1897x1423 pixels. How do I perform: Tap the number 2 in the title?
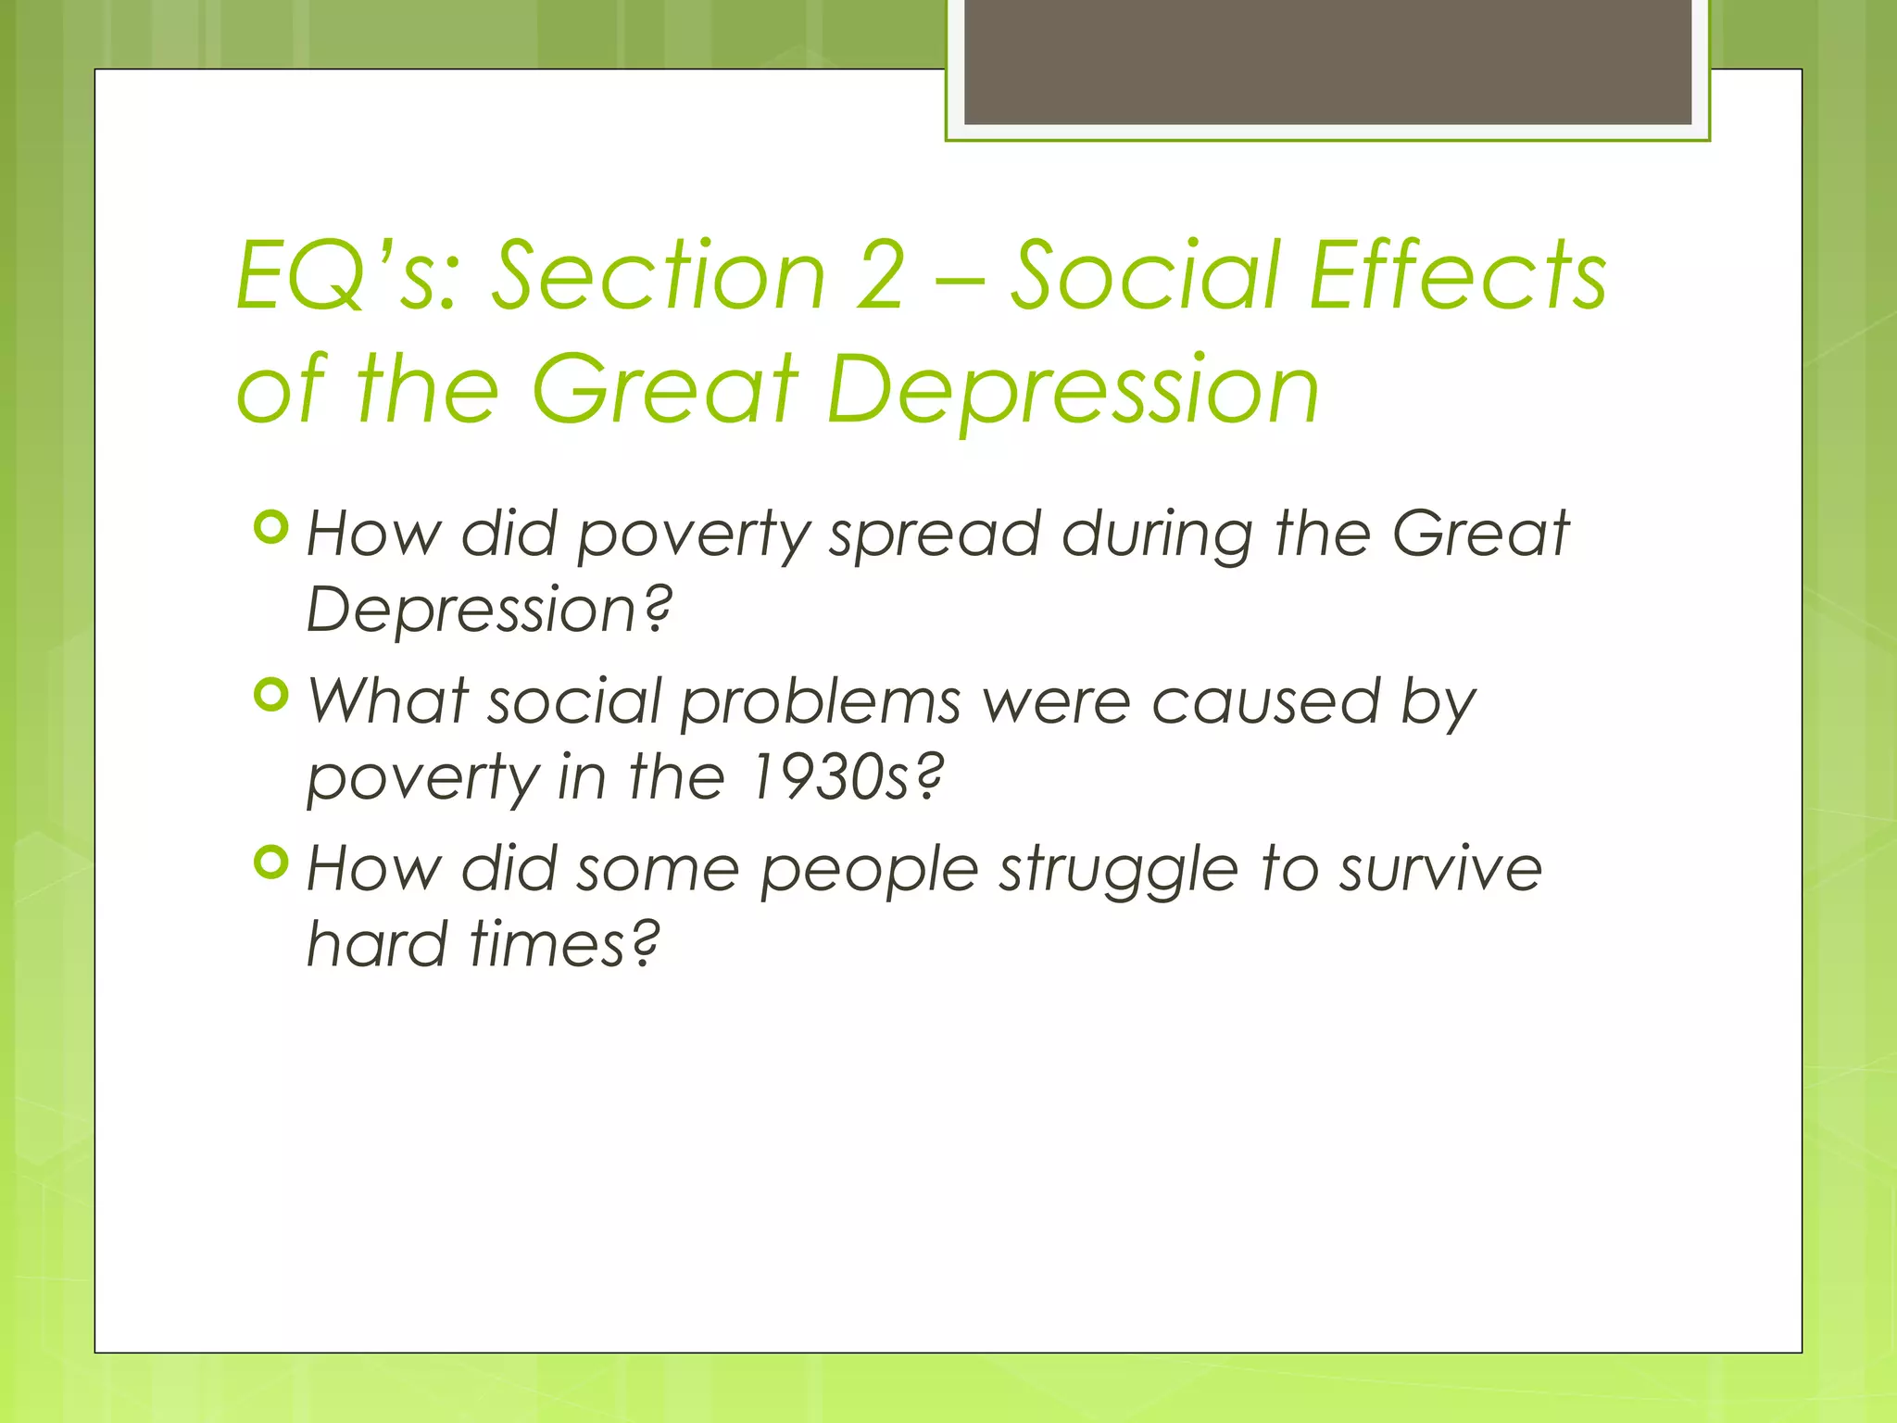[x=880, y=275]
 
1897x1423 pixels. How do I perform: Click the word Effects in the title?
[x=1458, y=275]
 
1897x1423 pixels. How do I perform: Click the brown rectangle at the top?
[x=1327, y=61]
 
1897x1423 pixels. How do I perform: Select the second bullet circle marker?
[x=271, y=695]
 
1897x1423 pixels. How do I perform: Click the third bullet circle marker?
[x=271, y=863]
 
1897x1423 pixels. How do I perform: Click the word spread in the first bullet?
[x=934, y=536]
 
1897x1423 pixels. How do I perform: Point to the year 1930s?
[x=846, y=777]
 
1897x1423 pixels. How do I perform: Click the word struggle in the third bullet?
[x=1118, y=872]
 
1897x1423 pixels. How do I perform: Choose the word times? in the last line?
[x=564, y=945]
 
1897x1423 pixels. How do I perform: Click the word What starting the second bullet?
[x=387, y=701]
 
